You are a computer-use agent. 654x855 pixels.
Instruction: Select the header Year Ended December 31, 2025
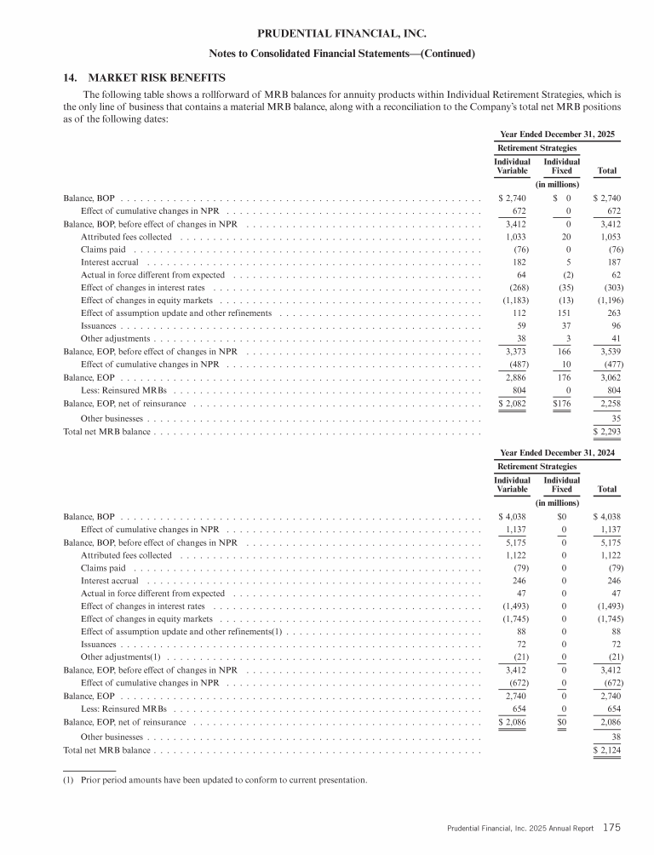(x=557, y=134)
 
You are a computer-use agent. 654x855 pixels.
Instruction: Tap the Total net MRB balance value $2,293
(x=605, y=432)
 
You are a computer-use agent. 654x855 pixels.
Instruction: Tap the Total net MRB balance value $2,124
(x=605, y=750)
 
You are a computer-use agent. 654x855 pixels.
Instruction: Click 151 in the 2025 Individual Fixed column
(x=563, y=313)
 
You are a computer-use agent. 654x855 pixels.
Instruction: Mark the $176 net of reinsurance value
(x=561, y=401)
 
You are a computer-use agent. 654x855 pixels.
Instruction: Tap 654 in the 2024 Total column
(x=609, y=707)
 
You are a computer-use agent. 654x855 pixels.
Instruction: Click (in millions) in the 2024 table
(x=557, y=502)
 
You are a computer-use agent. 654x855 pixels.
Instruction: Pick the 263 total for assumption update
(x=608, y=313)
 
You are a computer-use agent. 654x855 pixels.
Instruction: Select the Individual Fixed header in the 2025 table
(x=561, y=166)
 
